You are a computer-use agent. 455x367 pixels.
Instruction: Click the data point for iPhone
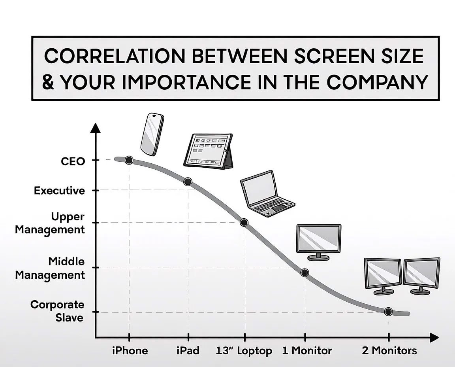[x=129, y=160]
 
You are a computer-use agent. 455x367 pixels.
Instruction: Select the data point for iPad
[x=188, y=182]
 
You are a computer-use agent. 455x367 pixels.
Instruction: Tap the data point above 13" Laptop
[x=244, y=223]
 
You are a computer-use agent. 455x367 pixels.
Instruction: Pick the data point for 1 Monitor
[x=305, y=272]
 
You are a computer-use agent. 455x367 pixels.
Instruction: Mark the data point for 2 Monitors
[x=388, y=312]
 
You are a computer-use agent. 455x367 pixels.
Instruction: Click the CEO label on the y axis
[x=73, y=161]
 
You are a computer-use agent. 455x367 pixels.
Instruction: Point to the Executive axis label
[x=60, y=191]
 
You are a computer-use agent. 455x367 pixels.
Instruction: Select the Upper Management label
[x=50, y=223]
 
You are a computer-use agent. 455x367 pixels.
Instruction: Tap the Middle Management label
[x=50, y=268]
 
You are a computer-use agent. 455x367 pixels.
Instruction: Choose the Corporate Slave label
[x=57, y=311]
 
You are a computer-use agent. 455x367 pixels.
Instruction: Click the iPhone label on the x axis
[x=130, y=350]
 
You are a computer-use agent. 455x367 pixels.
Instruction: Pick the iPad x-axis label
[x=188, y=350]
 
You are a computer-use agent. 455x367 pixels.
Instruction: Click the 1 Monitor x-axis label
[x=307, y=350]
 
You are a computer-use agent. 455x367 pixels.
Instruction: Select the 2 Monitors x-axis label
[x=389, y=350]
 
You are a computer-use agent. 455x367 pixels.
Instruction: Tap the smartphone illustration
[x=152, y=134]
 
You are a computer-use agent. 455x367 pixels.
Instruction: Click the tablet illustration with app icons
[x=209, y=151]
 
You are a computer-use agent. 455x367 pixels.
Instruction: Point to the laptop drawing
[x=267, y=194]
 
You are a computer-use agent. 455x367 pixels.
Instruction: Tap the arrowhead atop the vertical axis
[x=96, y=128]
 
